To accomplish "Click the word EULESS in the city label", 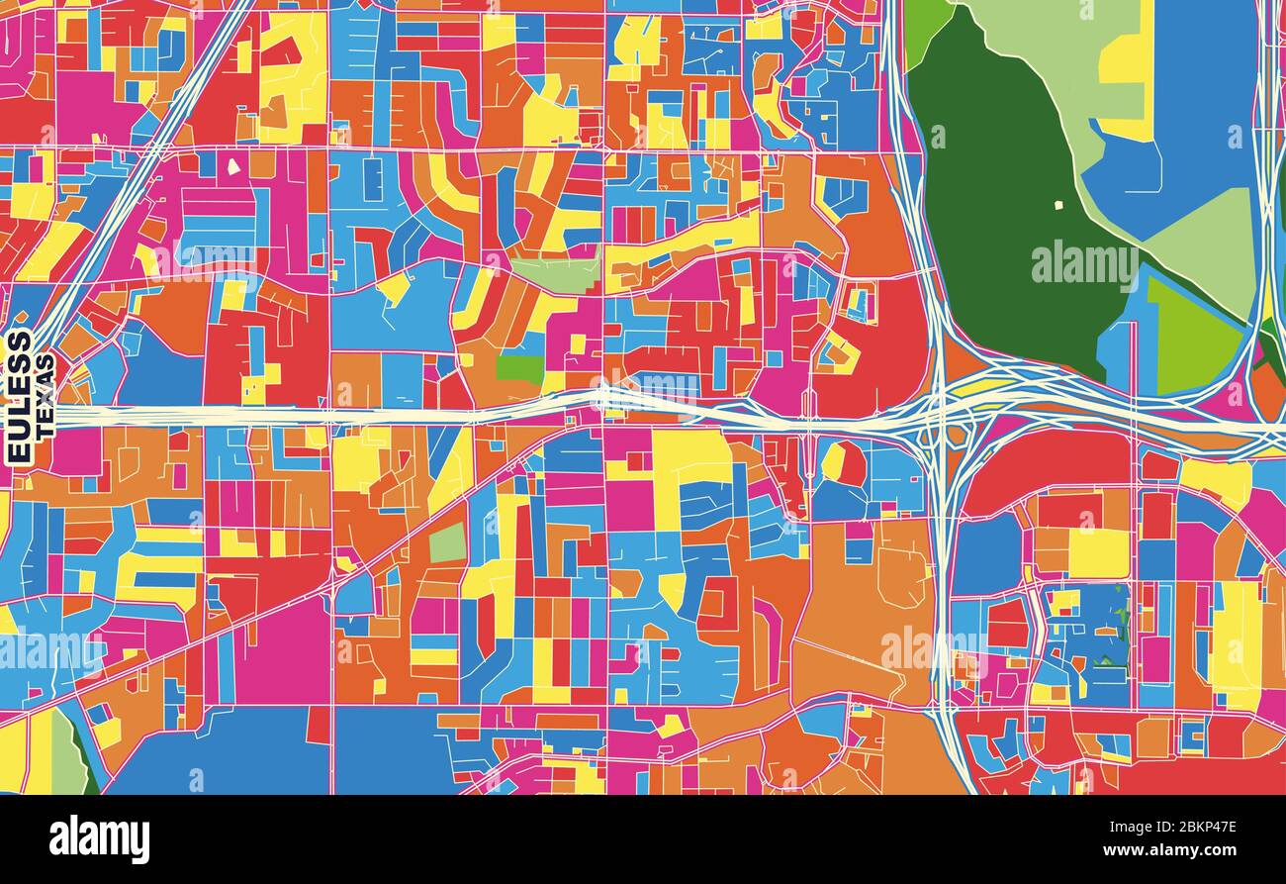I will click(19, 397).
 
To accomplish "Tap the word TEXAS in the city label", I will click(46, 397).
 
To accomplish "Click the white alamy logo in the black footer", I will click(99, 839).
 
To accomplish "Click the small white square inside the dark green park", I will click(1057, 206).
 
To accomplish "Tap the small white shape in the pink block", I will click(233, 166).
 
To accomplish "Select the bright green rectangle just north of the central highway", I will click(519, 369).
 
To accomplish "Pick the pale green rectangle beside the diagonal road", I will click(447, 541).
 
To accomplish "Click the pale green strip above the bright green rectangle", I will click(557, 275).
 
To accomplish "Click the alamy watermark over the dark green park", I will click(1084, 264).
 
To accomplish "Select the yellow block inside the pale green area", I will click(1128, 59).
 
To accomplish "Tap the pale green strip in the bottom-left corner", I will click(67, 757).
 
